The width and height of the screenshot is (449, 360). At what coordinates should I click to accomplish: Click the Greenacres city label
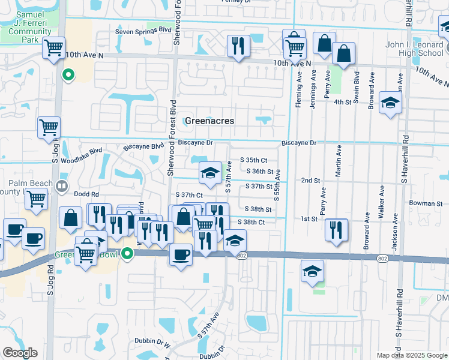[x=209, y=121]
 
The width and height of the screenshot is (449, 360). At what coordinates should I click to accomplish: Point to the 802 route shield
[x=241, y=256]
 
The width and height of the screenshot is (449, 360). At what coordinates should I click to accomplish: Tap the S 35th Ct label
[x=253, y=160]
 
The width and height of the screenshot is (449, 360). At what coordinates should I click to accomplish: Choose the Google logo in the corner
[x=20, y=353]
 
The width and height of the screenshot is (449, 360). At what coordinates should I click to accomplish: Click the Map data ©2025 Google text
[x=411, y=355]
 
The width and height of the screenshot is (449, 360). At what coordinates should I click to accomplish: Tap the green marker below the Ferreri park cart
[x=68, y=75]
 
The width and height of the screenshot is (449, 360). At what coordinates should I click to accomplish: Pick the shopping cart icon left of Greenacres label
[x=49, y=127]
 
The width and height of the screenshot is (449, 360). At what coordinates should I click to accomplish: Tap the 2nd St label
[x=310, y=180]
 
